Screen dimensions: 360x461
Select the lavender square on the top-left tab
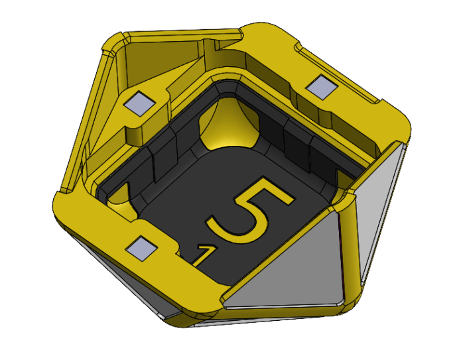(x=141, y=103)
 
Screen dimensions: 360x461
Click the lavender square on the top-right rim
(x=321, y=86)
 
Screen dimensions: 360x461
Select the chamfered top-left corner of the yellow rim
(x=113, y=43)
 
